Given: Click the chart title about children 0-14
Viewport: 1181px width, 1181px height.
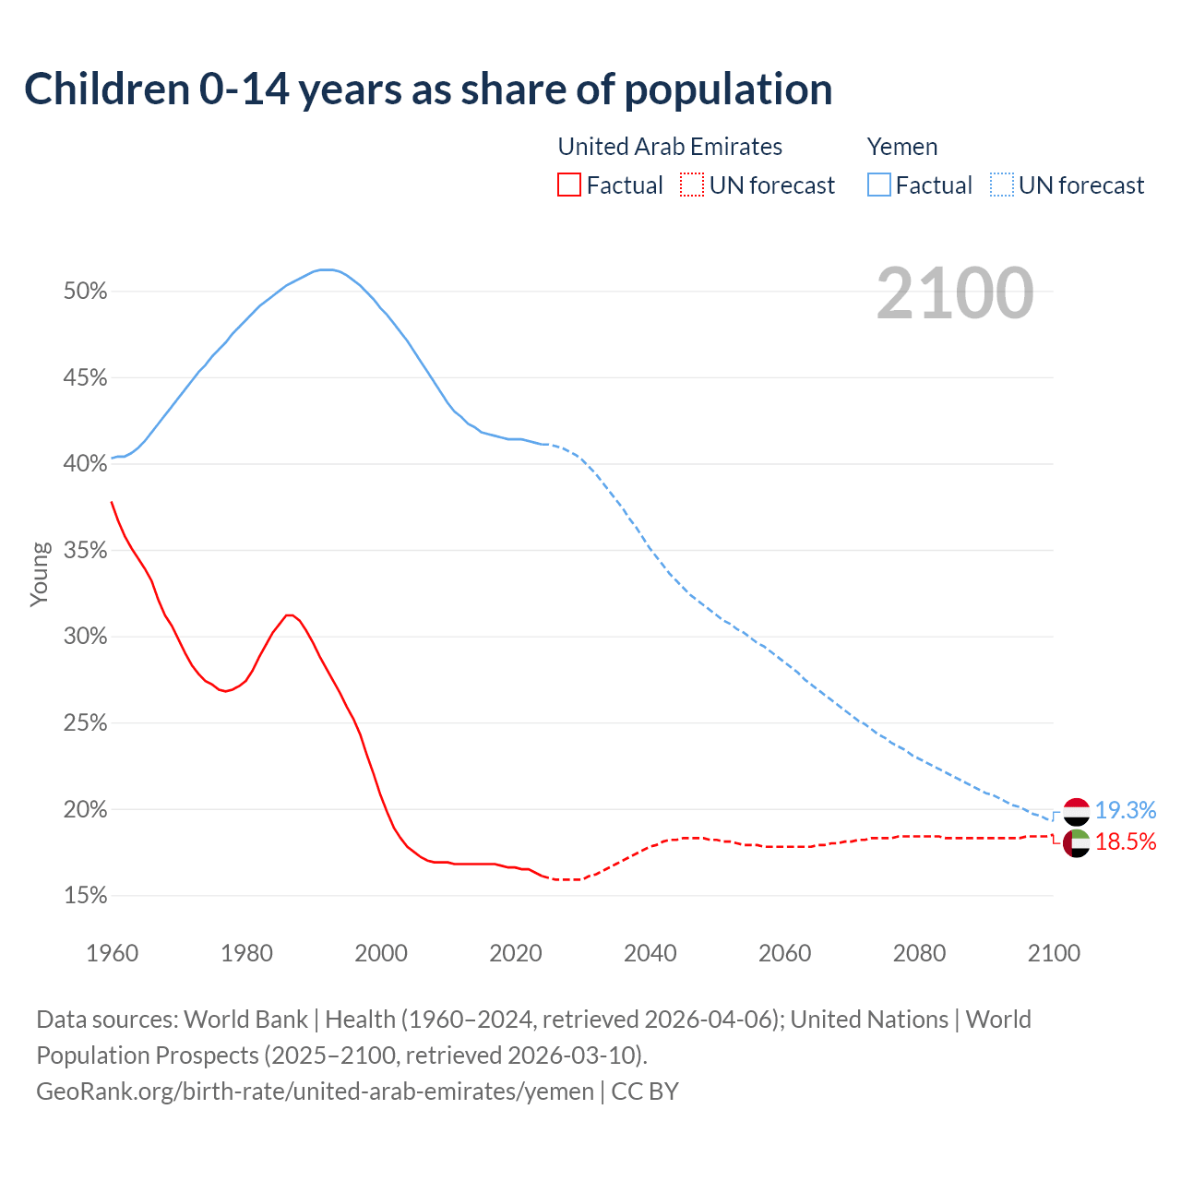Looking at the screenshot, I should click(428, 89).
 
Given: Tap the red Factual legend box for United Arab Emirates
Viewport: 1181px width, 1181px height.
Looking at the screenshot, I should click(569, 185).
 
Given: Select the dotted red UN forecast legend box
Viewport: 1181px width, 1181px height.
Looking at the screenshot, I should click(692, 185).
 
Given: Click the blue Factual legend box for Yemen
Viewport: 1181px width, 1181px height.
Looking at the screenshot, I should click(879, 185).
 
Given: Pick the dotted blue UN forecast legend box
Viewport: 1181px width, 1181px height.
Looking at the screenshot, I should click(1002, 185).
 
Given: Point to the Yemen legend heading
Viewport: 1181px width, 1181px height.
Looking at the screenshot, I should click(902, 147).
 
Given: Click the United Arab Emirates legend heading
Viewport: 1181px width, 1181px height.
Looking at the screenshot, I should click(670, 147).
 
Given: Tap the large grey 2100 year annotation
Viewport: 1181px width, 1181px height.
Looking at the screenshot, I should click(954, 293).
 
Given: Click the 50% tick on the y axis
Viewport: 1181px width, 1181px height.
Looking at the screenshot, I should click(85, 292).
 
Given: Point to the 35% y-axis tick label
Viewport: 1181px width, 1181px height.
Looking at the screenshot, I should click(85, 551).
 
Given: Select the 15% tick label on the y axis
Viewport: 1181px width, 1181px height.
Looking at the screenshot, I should click(85, 896).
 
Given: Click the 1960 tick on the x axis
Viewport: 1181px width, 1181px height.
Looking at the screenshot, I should click(112, 953).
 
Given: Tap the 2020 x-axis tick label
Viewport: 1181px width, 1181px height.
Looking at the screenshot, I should click(516, 953).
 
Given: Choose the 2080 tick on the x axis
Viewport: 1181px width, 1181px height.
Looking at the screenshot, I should click(919, 953).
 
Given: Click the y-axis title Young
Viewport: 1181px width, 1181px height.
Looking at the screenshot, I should click(40, 574).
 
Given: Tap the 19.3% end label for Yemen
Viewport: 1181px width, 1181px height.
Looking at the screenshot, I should click(1126, 810).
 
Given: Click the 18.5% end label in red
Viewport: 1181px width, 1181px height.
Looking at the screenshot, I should click(1126, 841).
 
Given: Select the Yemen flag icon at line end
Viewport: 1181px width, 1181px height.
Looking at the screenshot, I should click(1077, 812).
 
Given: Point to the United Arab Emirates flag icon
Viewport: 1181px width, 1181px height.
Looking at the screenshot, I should click(1077, 842).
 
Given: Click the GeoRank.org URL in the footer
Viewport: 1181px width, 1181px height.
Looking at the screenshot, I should click(315, 1092).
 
